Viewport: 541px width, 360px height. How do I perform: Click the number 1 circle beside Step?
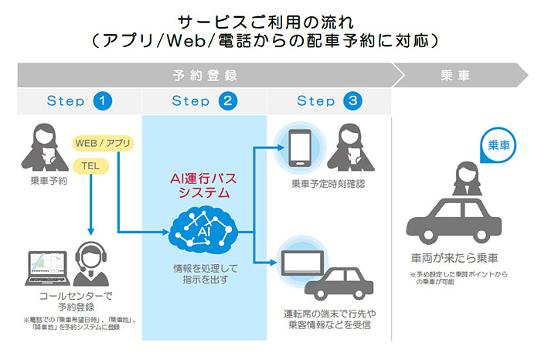tap(102, 101)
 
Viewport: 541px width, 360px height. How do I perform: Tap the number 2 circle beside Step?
tap(227, 101)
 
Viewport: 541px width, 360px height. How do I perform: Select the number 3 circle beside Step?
tap(352, 101)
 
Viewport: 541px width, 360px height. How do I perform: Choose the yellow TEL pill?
tap(86, 165)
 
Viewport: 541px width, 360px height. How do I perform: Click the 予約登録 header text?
tap(204, 75)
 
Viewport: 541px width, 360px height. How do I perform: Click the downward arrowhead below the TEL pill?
tap(90, 231)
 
